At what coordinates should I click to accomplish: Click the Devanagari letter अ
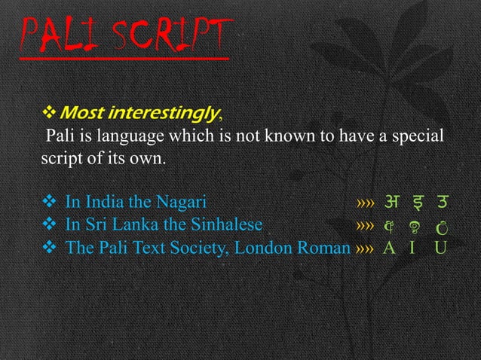pos(392,202)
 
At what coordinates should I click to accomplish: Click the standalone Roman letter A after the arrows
pos(391,247)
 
